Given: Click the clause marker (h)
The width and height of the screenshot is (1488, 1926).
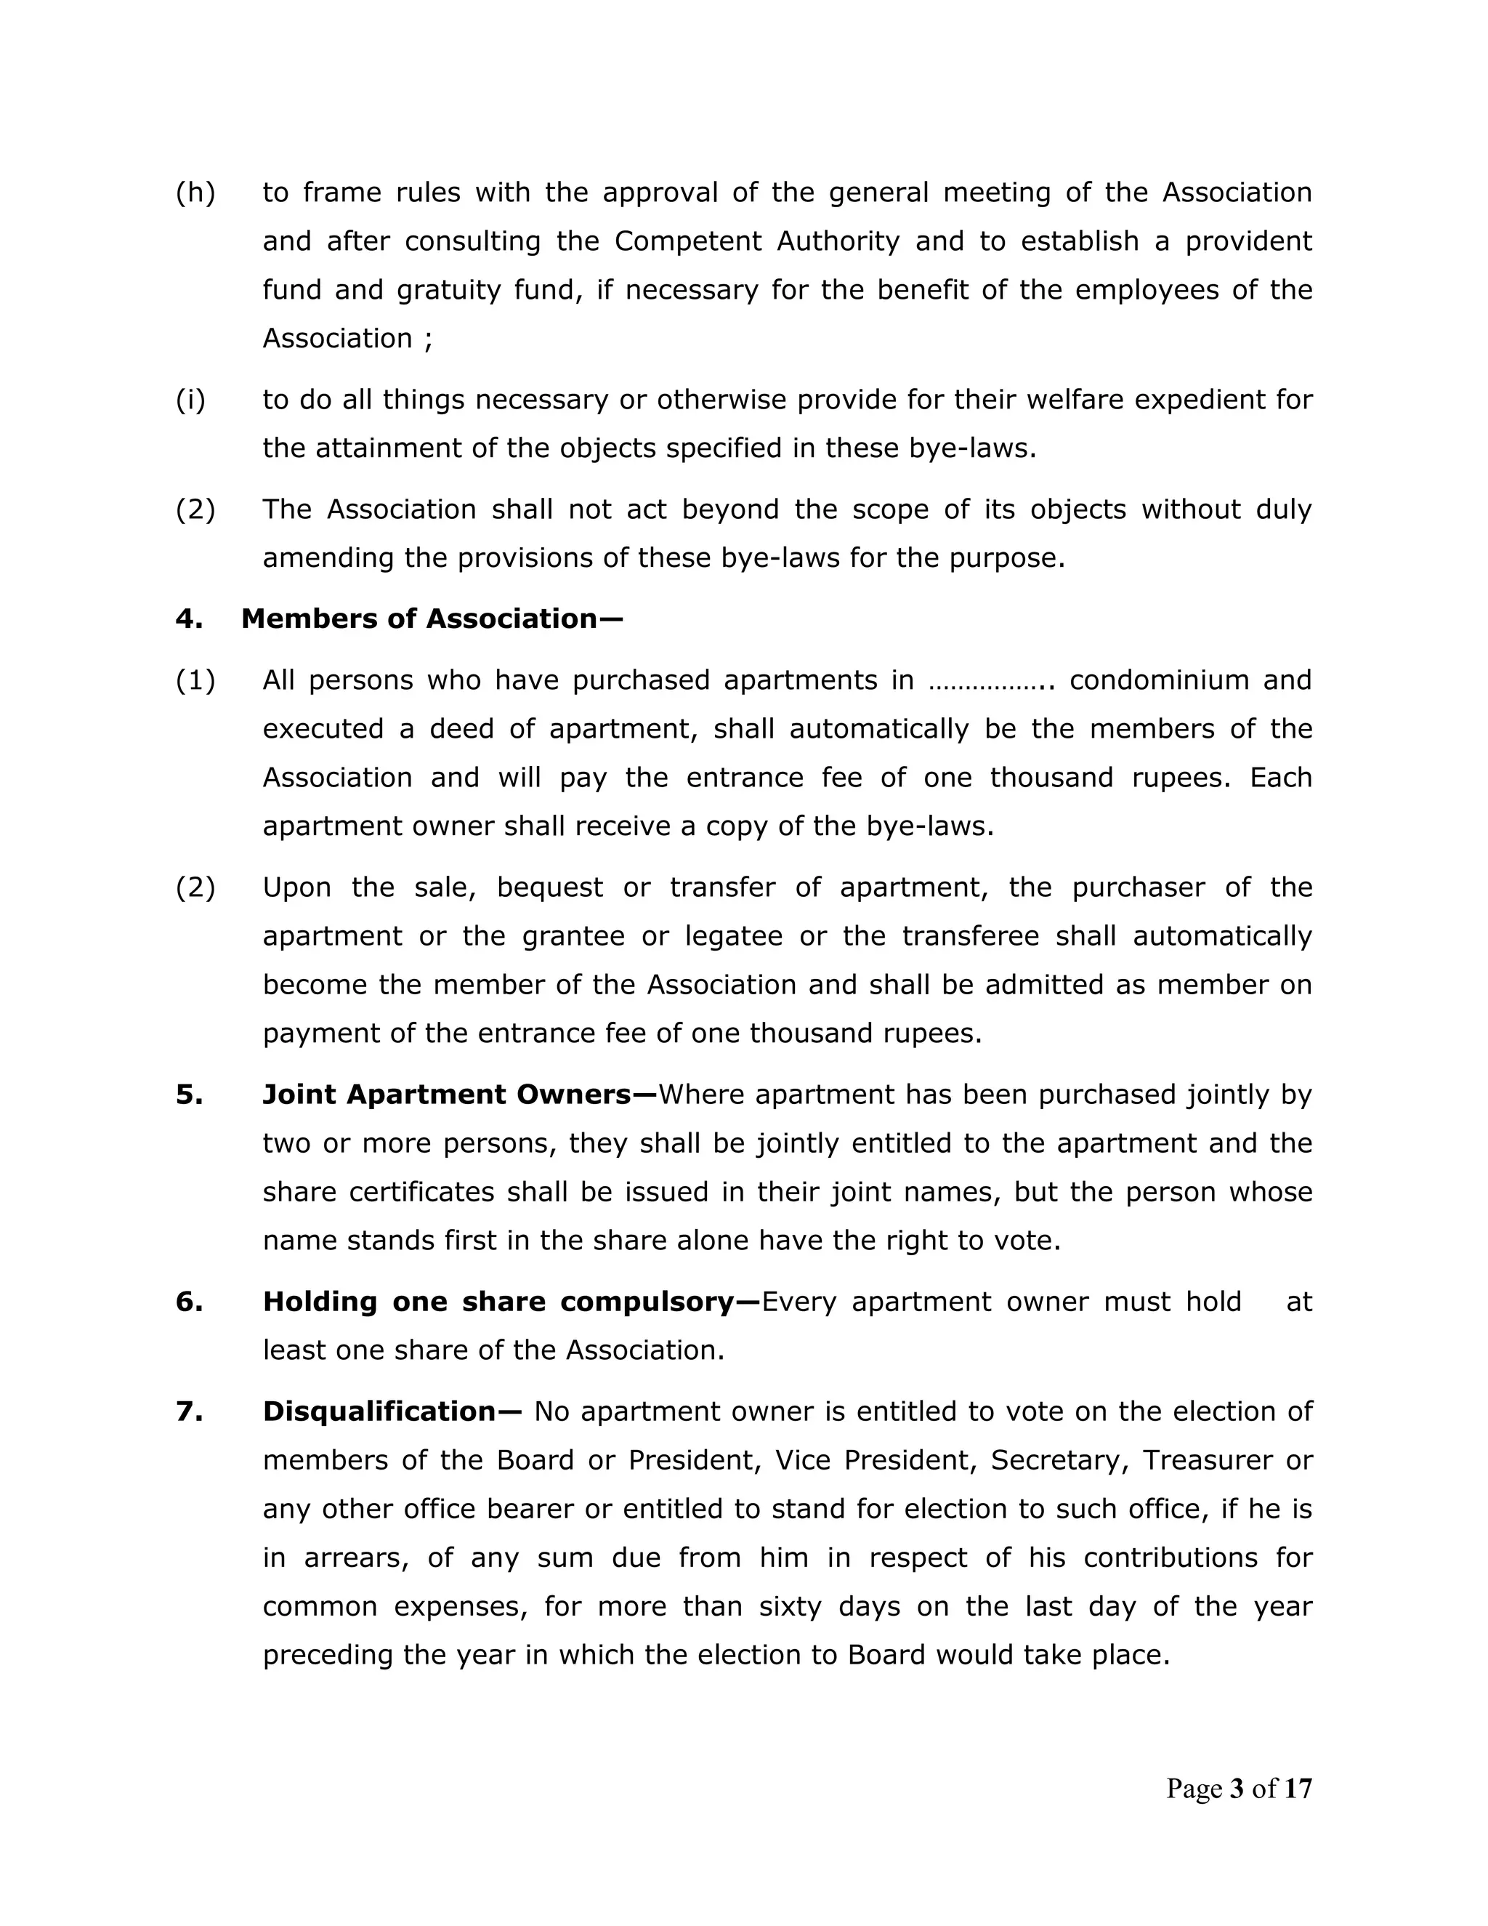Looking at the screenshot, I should point(195,193).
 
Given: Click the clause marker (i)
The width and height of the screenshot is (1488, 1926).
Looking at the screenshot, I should point(190,400).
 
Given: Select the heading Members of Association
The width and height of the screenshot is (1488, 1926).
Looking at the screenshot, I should point(432,619).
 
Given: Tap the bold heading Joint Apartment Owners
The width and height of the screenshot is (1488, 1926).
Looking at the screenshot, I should point(459,1095).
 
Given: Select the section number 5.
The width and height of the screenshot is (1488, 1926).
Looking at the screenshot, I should point(189,1095).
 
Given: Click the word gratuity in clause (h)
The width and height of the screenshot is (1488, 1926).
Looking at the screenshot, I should point(449,290).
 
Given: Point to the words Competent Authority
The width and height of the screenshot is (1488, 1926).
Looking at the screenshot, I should point(756,241).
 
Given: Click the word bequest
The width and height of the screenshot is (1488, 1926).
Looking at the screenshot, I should point(550,887).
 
